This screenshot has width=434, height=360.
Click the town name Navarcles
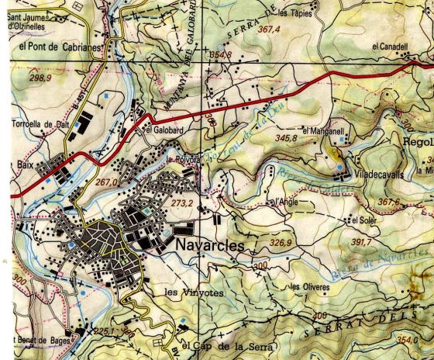pos(209,244)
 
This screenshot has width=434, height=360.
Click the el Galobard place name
pos(164,130)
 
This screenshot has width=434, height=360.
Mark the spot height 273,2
pos(181,202)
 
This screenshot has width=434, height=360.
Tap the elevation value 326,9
pos(280,243)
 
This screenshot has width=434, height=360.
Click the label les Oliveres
pos(309,286)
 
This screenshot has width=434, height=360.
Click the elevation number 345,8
pos(286,138)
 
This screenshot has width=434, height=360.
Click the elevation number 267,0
pos(105,182)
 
